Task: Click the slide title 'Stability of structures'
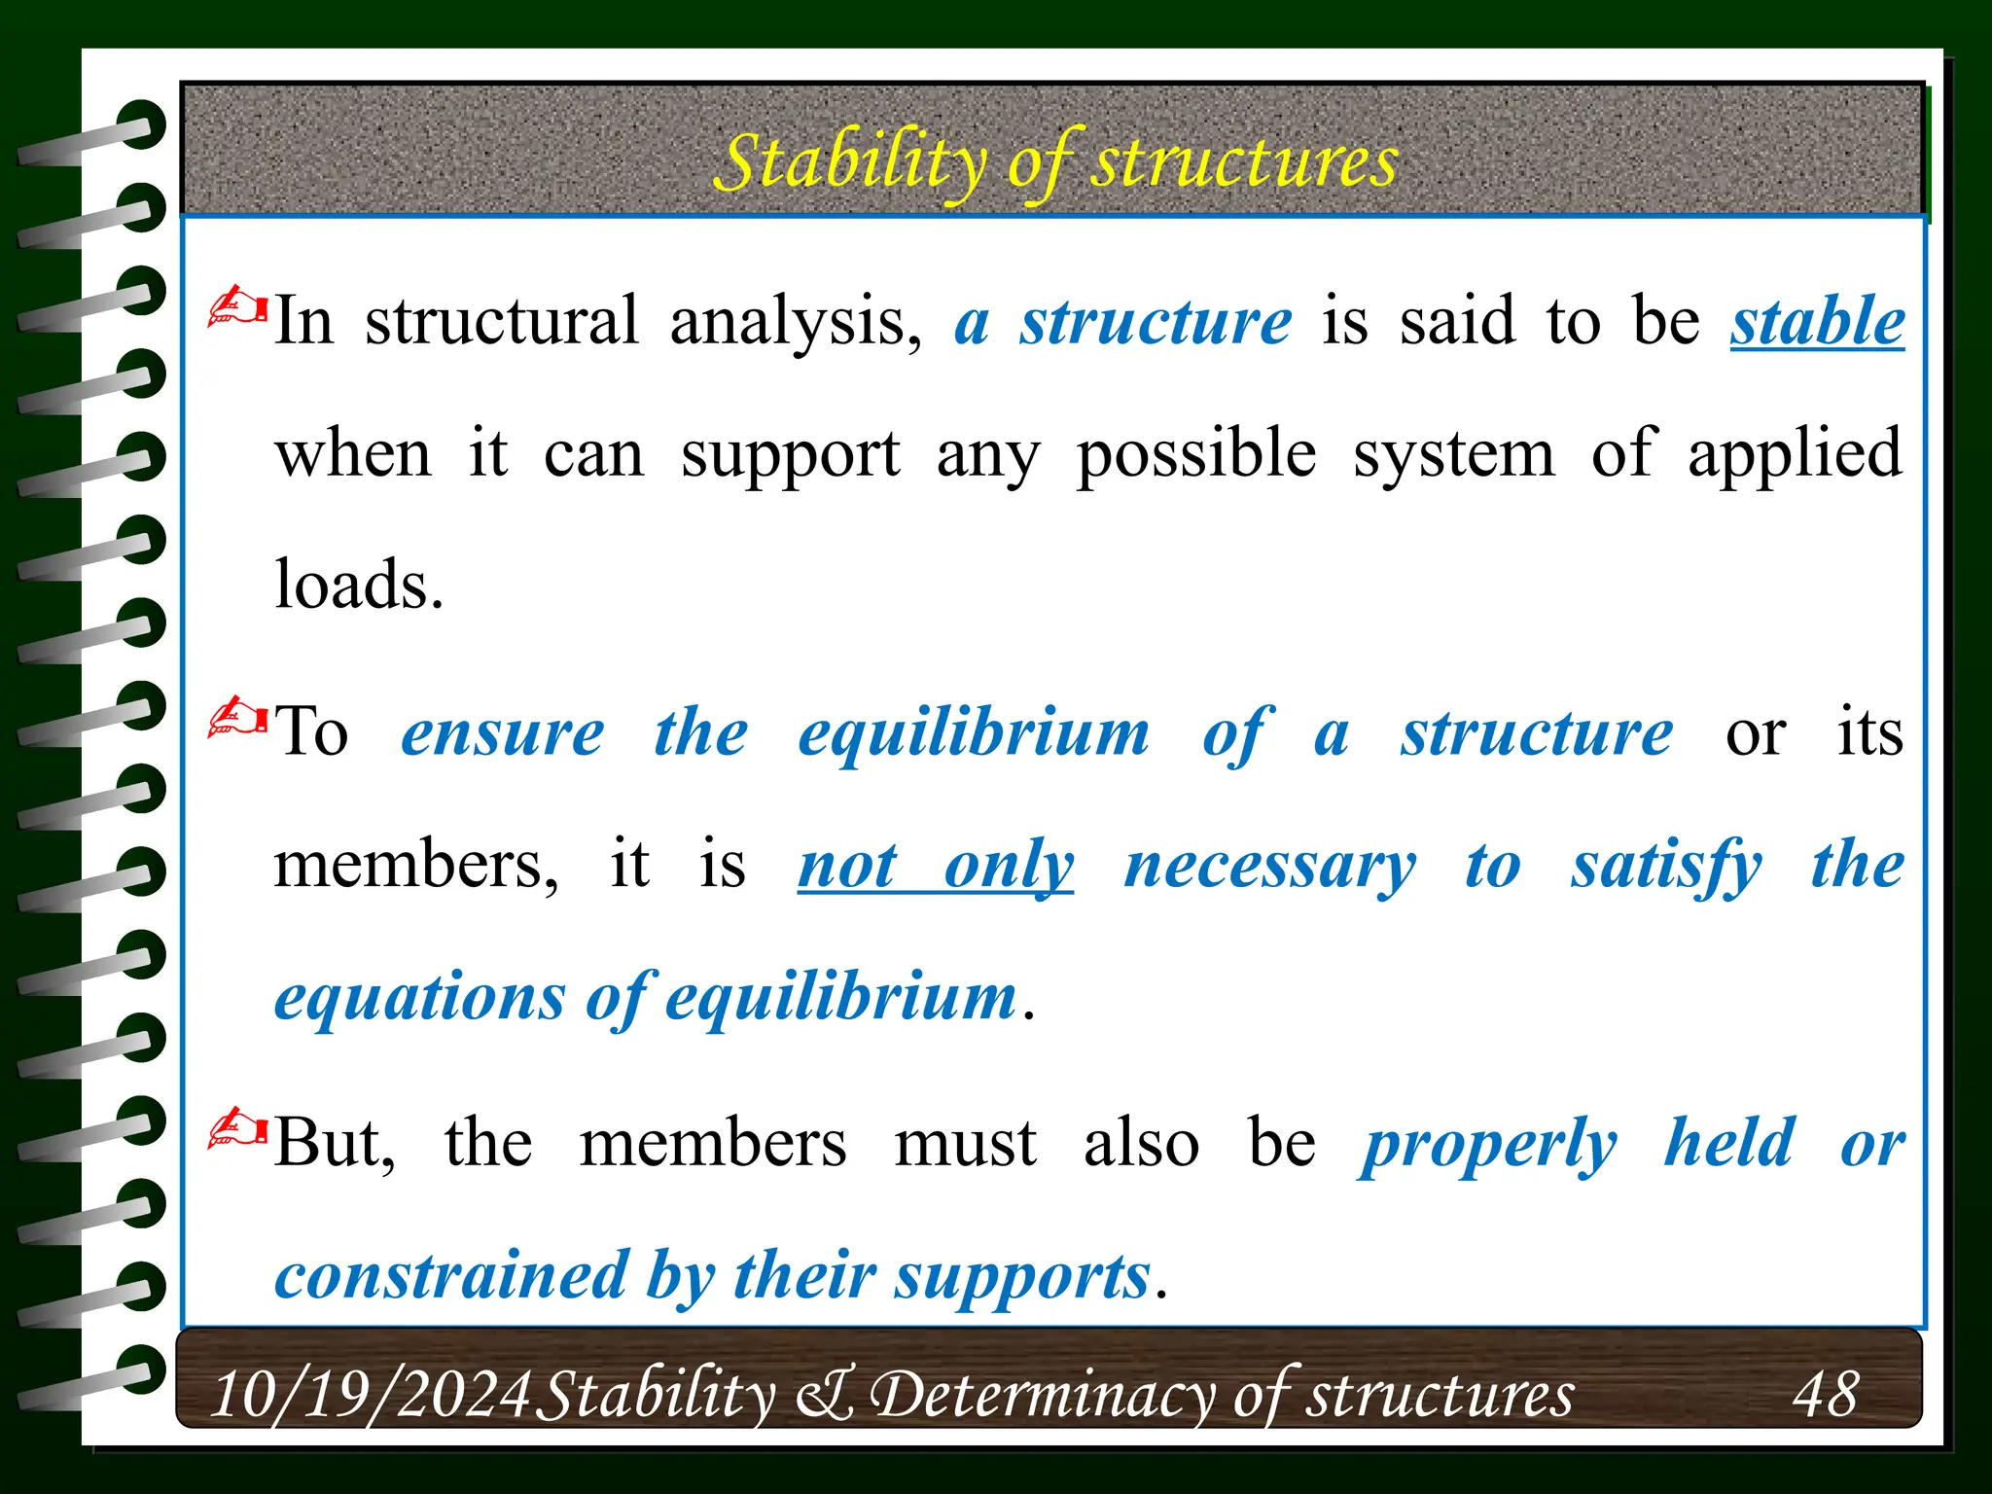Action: pos(1055,161)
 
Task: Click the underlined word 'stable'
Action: pos(1817,322)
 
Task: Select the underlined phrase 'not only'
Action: pos(936,865)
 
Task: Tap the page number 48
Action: pos(1825,1394)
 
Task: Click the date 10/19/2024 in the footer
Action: pos(370,1394)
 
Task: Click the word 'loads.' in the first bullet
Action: pos(359,586)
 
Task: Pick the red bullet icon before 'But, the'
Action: pos(237,1129)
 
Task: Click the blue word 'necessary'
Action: pos(1270,865)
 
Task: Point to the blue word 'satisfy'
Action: pos(1666,865)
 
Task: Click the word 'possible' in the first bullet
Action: pos(1196,454)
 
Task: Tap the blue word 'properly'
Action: pos(1488,1144)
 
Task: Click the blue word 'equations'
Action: pos(419,998)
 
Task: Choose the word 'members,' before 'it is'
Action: pos(416,865)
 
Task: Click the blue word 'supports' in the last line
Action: pos(1022,1276)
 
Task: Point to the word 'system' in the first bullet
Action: pos(1453,454)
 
